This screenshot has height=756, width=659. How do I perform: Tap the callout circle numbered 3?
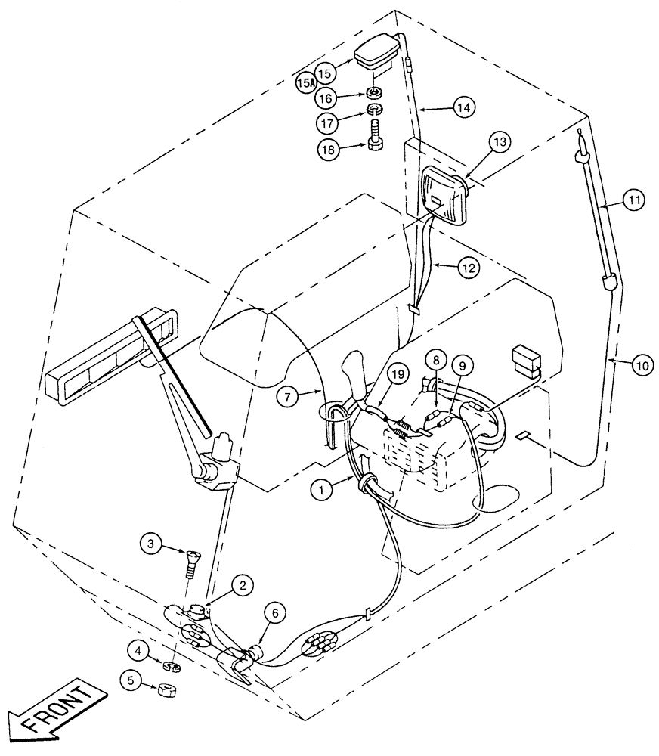pyautogui.click(x=151, y=542)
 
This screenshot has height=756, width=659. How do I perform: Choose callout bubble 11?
pyautogui.click(x=635, y=200)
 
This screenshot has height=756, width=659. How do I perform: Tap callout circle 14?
pyautogui.click(x=465, y=108)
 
